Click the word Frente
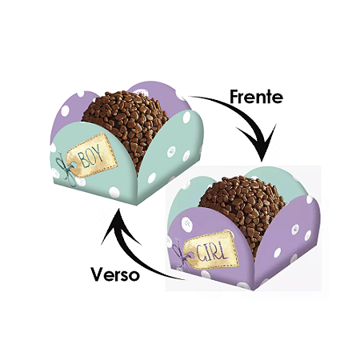click(256, 96)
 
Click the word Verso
click(115, 274)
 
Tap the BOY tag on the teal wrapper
click(92, 155)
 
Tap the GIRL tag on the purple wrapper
click(211, 250)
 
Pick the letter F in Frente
click(234, 97)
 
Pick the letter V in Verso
click(98, 274)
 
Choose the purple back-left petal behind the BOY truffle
click(70, 112)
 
